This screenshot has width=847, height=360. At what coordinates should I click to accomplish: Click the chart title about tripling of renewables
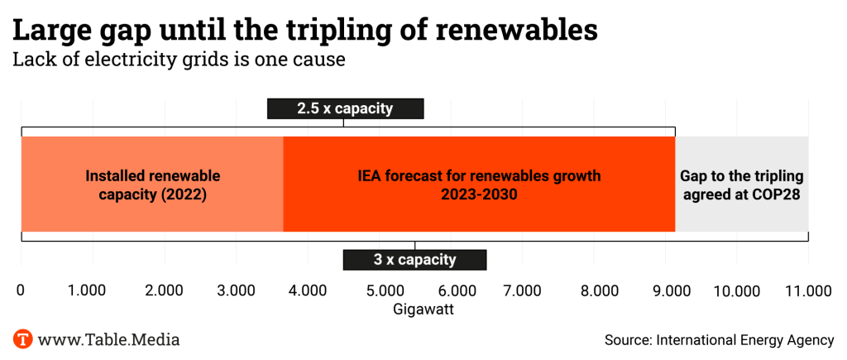pyautogui.click(x=304, y=30)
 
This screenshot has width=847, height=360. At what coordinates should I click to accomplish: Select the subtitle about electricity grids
pyautogui.click(x=178, y=60)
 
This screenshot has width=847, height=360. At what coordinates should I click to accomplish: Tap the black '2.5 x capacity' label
pyautogui.click(x=345, y=108)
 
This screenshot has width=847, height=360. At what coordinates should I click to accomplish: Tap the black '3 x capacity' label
pyautogui.click(x=414, y=259)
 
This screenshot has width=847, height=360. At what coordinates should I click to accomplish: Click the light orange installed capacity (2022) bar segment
pyautogui.click(x=152, y=185)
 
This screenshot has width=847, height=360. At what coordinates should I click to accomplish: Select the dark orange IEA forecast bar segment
pyautogui.click(x=479, y=185)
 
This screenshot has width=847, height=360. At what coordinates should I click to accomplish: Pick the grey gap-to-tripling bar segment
pyautogui.click(x=741, y=185)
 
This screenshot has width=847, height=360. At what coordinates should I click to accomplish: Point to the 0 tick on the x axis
pyautogui.click(x=21, y=290)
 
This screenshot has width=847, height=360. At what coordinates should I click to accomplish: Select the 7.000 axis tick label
pyautogui.click(x=523, y=290)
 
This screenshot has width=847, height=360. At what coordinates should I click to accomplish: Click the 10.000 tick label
pyautogui.click(x=736, y=290)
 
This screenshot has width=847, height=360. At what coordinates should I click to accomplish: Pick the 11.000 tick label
pyautogui.click(x=807, y=290)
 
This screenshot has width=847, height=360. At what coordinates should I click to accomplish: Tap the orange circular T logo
pyautogui.click(x=22, y=339)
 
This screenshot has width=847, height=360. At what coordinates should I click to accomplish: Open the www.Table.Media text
pyautogui.click(x=108, y=339)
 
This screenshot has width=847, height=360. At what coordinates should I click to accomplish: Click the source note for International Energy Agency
pyautogui.click(x=719, y=340)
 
